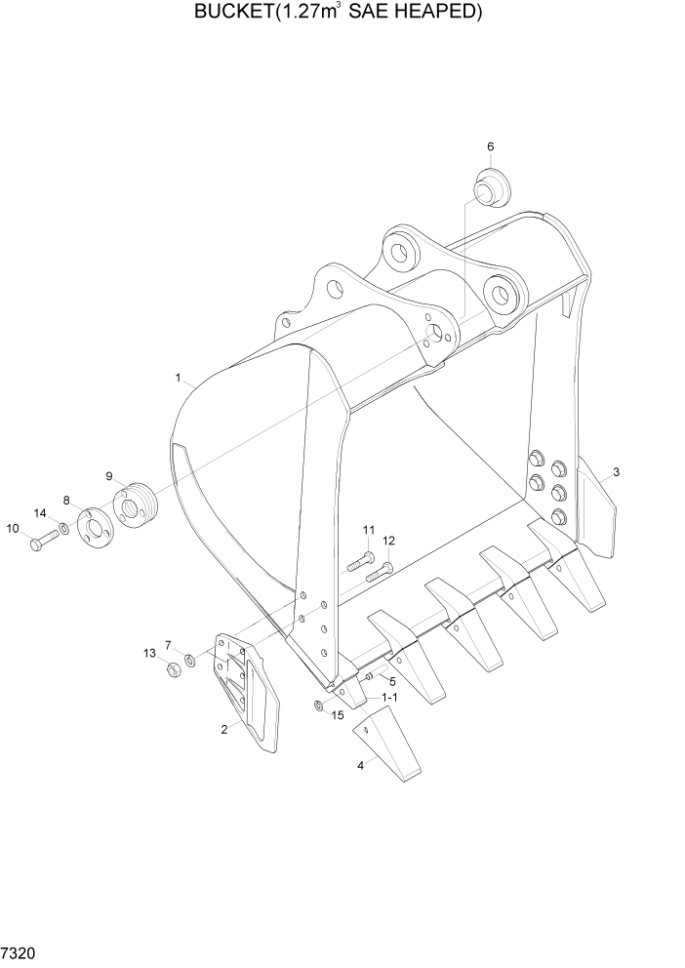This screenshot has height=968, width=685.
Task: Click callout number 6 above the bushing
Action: (490, 146)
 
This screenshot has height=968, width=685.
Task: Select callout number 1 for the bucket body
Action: (179, 377)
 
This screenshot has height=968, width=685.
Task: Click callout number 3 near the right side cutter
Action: (616, 473)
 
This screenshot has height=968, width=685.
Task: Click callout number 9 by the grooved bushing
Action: (110, 476)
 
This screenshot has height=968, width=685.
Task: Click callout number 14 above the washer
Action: (40, 513)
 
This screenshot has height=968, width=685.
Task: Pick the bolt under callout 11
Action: (359, 561)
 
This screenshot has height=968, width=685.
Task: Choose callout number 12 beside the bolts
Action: (388, 541)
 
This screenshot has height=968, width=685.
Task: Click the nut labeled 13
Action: (176, 669)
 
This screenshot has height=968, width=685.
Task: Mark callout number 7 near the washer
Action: (168, 645)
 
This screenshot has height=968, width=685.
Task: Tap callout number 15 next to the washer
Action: (339, 715)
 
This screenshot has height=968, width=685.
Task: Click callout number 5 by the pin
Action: (391, 680)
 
